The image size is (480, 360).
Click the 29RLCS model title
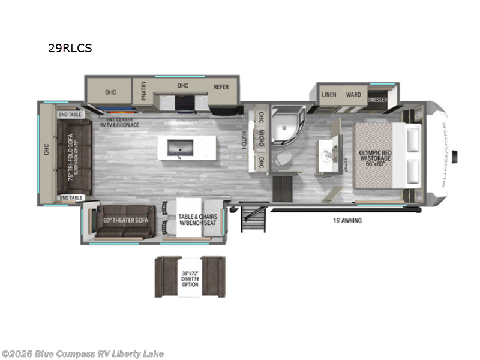(70, 49)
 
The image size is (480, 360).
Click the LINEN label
(328, 95)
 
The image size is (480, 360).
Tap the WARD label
(353, 95)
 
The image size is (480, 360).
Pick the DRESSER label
(377, 100)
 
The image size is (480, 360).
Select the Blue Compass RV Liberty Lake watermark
(83, 353)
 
